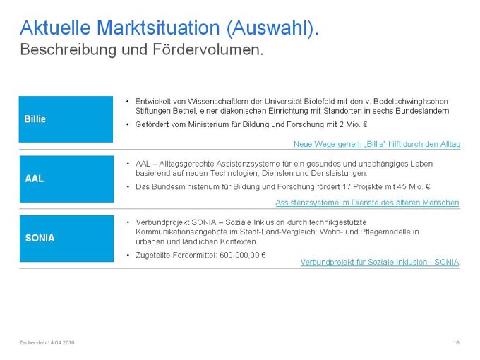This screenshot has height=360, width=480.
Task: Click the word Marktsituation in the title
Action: coord(158,28)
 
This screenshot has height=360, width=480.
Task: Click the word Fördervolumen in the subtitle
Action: coord(208,49)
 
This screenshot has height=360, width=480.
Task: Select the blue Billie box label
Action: coord(66,119)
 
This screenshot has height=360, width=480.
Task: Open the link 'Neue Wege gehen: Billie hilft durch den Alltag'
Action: coord(377,144)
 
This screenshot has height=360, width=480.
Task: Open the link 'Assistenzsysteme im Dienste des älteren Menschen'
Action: coord(367,203)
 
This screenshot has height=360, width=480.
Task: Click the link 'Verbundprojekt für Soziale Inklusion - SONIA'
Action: coord(380,262)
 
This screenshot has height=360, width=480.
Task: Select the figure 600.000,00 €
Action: coord(242,255)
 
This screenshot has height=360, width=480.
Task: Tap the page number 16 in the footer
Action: coord(456,342)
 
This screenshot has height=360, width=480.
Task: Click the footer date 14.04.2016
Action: coord(61,342)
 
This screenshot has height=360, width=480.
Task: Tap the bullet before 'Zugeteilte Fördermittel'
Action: coord(128,255)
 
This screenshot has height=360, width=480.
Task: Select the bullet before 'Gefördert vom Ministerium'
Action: coord(128,125)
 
